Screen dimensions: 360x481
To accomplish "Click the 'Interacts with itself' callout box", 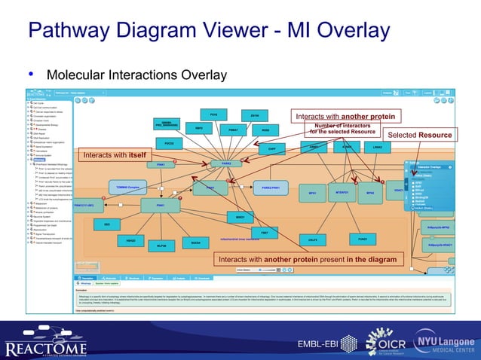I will coord(115,155).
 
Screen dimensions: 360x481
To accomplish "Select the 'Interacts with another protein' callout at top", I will coord(345,117).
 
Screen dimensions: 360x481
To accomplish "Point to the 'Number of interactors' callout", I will coord(342,129).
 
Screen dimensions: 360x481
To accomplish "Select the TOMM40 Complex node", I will coord(126,185).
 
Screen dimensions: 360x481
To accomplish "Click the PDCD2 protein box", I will coord(169,142).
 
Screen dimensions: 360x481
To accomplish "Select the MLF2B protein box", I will coord(161,246).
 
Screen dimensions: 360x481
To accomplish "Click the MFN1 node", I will coord(311,194).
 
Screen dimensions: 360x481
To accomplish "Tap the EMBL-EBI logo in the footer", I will coord(317,344).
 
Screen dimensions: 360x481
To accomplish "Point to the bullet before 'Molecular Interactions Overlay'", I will coord(31,75).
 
